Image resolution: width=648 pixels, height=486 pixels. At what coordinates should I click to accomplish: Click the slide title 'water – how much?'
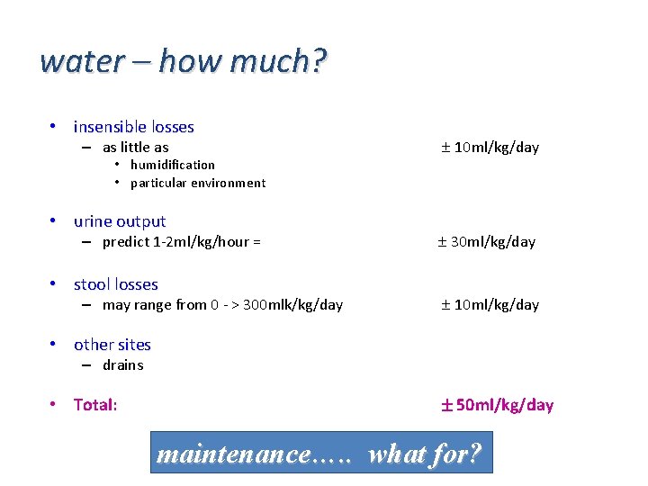pyautogui.click(x=184, y=61)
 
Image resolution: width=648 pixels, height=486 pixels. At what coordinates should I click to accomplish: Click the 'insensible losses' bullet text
pyautogui.click(x=133, y=127)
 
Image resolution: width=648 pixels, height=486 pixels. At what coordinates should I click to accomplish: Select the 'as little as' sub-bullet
pyautogui.click(x=135, y=148)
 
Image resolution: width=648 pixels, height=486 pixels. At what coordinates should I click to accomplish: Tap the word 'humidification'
pyautogui.click(x=172, y=165)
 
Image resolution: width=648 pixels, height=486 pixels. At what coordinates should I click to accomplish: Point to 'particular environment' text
pyautogui.click(x=198, y=183)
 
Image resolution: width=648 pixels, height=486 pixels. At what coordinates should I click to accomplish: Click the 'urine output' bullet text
pyautogui.click(x=120, y=221)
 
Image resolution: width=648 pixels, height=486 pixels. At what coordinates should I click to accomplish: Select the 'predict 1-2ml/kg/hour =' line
pyautogui.click(x=181, y=241)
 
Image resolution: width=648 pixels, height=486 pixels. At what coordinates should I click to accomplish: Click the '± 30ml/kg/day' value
pyautogui.click(x=487, y=241)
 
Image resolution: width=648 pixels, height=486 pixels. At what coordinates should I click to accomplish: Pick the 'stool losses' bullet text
pyautogui.click(x=115, y=284)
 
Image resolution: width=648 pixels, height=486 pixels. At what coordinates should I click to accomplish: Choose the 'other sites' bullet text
pyautogui.click(x=112, y=345)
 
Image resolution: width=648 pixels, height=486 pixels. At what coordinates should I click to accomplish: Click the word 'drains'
pyautogui.click(x=122, y=364)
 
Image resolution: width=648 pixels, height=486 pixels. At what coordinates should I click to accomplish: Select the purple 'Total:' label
pyautogui.click(x=95, y=405)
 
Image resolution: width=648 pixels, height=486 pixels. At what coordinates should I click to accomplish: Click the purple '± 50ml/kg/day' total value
pyautogui.click(x=496, y=405)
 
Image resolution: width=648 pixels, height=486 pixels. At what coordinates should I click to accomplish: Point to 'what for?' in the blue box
pyautogui.click(x=425, y=454)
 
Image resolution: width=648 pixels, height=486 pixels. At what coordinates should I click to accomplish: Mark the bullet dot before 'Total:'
pyautogui.click(x=55, y=404)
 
